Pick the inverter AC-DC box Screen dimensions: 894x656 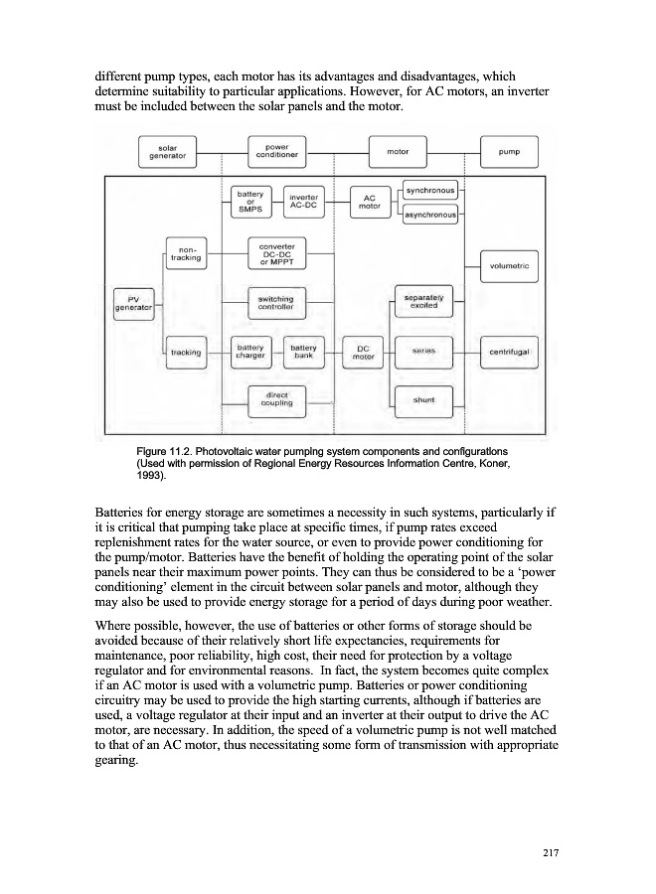click(303, 202)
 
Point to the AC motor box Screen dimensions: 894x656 click(370, 202)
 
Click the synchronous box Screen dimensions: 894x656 click(430, 190)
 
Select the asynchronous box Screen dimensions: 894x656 click(430, 215)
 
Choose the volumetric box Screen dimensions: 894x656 click(508, 265)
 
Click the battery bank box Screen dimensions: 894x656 click(303, 352)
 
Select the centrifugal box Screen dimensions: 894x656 click(508, 352)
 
